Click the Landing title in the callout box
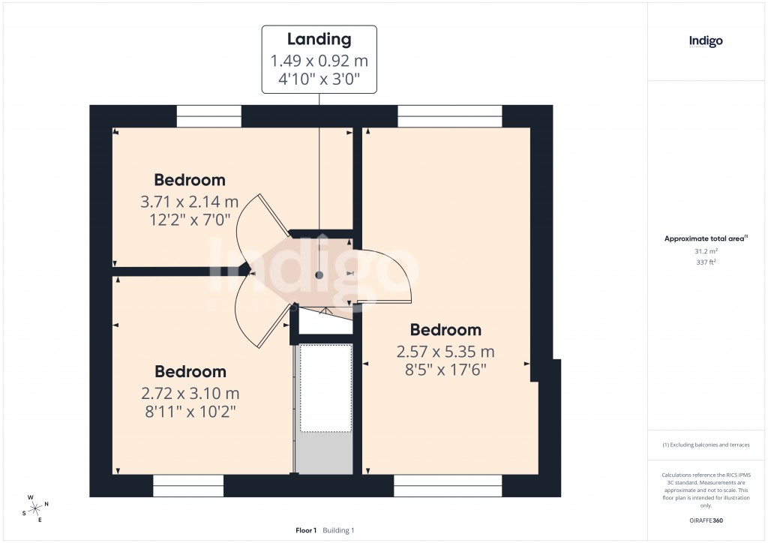coord(319,40)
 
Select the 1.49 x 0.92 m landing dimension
coord(319,61)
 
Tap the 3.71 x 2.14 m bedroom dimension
coord(189,202)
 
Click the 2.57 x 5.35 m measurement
coord(445,352)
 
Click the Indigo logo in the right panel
coord(706,42)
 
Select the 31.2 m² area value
coord(706,252)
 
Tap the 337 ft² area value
coord(706,262)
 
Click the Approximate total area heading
coord(705,238)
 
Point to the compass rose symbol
coord(34,508)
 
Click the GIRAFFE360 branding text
coord(706,520)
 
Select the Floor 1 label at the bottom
coord(306,530)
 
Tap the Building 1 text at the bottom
coord(338,530)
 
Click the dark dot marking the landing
coord(319,275)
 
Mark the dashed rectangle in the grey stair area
coord(325,388)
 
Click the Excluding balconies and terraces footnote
coord(706,445)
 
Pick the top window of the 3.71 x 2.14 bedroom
coord(209,116)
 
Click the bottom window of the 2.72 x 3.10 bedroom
coord(188,485)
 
